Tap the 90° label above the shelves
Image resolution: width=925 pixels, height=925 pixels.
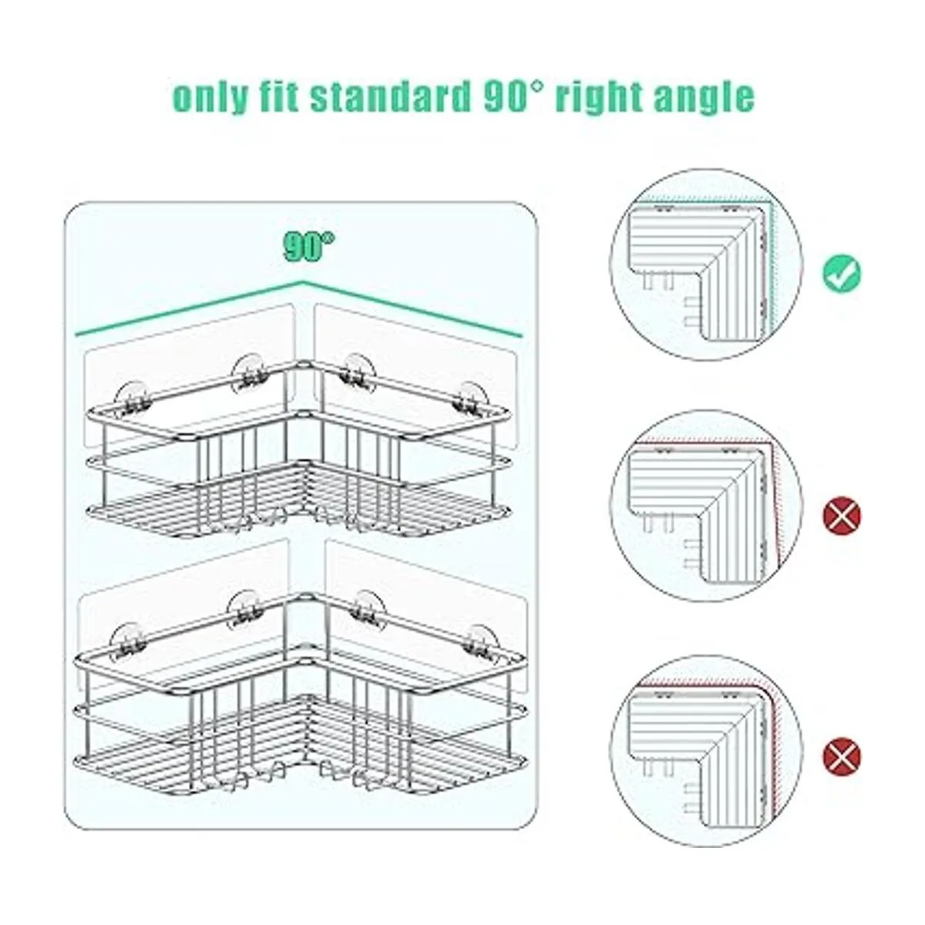tap(309, 247)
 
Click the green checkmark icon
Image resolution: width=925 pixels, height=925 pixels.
tap(842, 274)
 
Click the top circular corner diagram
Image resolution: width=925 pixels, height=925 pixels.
tap(705, 264)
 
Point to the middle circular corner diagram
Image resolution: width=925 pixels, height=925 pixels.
tap(705, 506)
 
